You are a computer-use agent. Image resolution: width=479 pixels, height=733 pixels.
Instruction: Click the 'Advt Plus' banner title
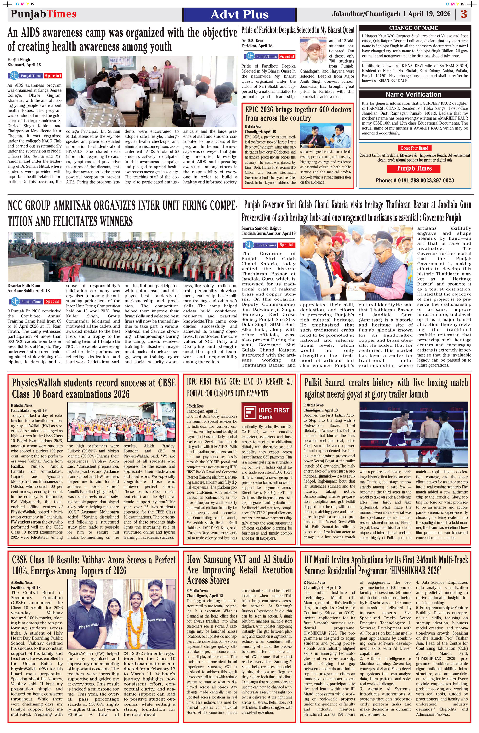coord(239,14)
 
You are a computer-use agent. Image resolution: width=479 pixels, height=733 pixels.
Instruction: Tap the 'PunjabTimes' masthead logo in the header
coord(44,14)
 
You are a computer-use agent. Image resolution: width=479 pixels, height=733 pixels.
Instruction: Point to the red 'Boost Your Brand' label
coord(414,148)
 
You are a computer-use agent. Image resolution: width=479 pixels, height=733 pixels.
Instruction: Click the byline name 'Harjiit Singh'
coord(19,60)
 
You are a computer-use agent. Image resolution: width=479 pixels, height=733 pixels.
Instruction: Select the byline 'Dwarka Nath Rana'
coord(24,285)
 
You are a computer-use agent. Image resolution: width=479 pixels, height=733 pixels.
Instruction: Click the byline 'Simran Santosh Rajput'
coord(261,228)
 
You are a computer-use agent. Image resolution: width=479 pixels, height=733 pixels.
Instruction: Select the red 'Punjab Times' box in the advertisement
coord(414,168)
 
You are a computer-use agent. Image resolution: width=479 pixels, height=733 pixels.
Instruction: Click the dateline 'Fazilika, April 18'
coord(26,587)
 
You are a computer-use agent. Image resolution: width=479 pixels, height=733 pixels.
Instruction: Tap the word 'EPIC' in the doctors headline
coord(255,110)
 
